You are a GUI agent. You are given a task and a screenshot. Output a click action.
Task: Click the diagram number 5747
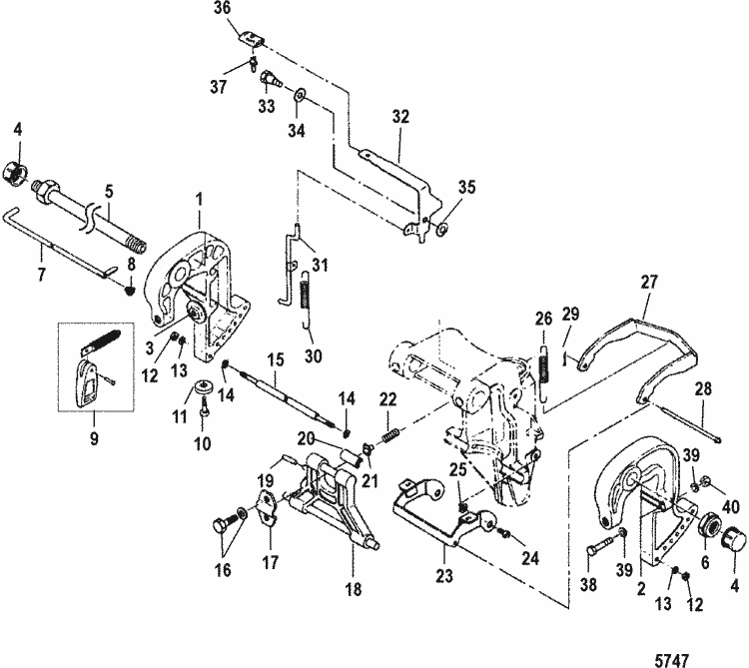(672, 660)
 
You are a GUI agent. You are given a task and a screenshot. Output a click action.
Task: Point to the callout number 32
(400, 117)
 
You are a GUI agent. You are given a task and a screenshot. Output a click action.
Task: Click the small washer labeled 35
(442, 230)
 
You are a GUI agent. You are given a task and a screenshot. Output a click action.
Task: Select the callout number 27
(649, 282)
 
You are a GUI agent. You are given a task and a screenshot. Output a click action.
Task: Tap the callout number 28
(702, 389)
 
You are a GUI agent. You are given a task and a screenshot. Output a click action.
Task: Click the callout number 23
(443, 576)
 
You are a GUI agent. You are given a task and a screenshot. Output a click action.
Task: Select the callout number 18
(353, 588)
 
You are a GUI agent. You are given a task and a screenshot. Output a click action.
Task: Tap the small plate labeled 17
(268, 508)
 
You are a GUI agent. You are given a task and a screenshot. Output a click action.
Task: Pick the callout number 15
(276, 359)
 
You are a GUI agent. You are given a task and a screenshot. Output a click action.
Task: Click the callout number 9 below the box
(94, 437)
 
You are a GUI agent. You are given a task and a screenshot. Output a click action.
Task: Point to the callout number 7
(42, 275)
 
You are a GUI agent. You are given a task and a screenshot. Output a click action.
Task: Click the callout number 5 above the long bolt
(110, 192)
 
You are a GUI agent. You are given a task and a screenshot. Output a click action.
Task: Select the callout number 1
(199, 200)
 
